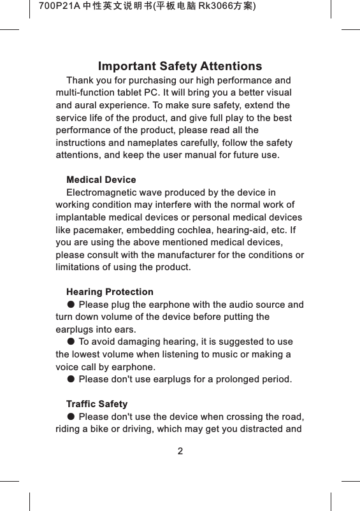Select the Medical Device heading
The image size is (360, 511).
(101, 180)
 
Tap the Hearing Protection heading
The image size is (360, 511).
(110, 292)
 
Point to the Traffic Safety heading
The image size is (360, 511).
(97, 405)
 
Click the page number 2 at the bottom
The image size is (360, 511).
(180, 452)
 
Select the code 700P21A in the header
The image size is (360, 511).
(59, 7)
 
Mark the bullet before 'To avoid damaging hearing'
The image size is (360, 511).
(71, 342)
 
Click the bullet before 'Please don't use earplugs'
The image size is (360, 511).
(71, 380)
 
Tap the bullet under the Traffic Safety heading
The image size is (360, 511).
(71, 417)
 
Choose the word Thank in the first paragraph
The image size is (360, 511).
(80, 81)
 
